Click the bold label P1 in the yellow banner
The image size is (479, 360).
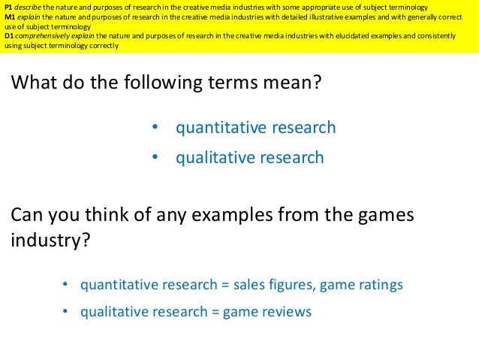8,6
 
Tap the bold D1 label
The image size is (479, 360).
8,35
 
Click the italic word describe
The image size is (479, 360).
28,6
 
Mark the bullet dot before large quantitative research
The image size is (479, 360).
155,128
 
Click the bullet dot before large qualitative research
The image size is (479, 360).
155,158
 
